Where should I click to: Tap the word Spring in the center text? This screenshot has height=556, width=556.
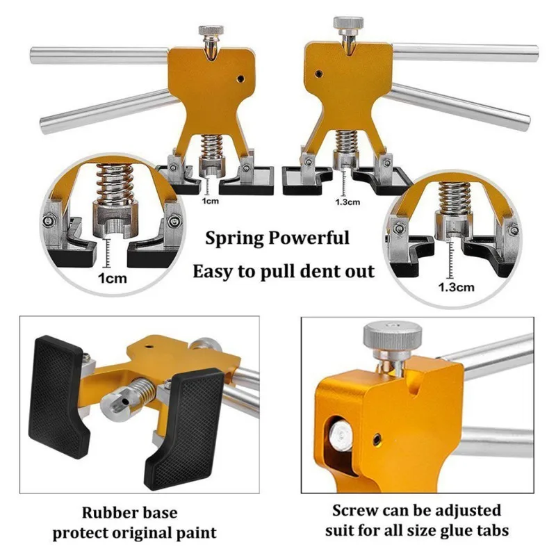click(x=233, y=239)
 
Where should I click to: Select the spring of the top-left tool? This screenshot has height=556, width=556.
click(x=209, y=147)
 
